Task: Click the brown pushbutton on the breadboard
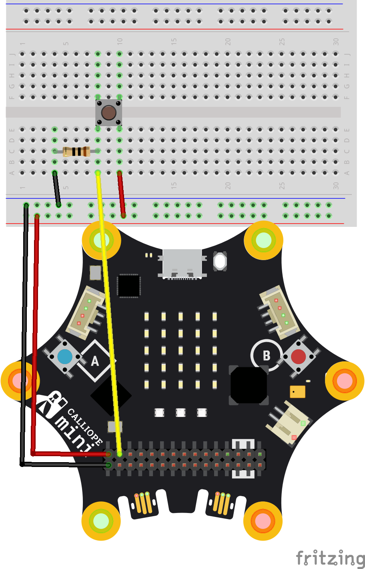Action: pyautogui.click(x=108, y=112)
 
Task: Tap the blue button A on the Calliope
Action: pyautogui.click(x=65, y=357)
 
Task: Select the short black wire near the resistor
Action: pyautogui.click(x=56, y=188)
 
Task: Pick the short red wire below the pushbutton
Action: pyautogui.click(x=121, y=194)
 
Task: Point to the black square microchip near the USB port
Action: pyautogui.click(x=128, y=286)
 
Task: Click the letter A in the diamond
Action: pyautogui.click(x=95, y=361)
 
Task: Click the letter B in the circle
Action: pyautogui.click(x=267, y=355)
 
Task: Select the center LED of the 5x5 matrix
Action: pyautogui.click(x=180, y=351)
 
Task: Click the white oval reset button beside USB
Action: pyautogui.click(x=220, y=261)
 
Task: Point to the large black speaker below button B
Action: pyautogui.click(x=248, y=385)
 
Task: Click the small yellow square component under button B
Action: pyautogui.click(x=297, y=391)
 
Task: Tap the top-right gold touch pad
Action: pyautogui.click(x=263, y=240)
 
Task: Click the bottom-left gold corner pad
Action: pyautogui.click(x=101, y=521)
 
